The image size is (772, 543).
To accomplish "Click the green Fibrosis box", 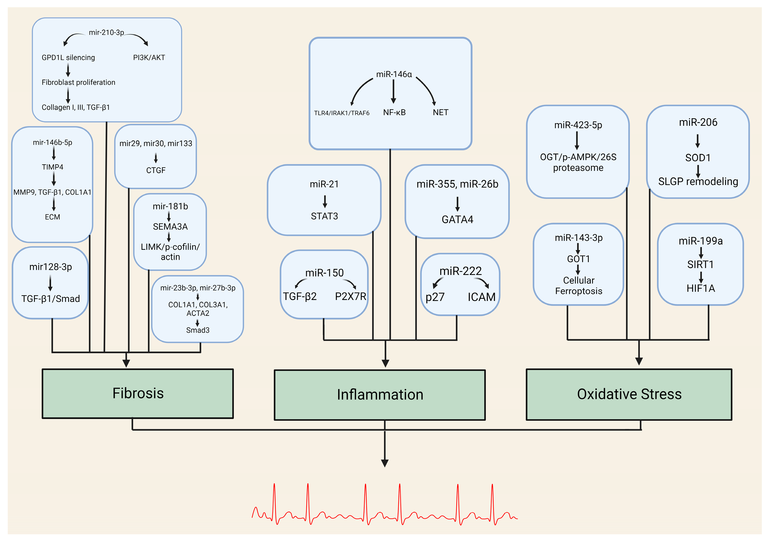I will [138, 394].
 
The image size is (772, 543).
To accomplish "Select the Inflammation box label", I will [380, 395].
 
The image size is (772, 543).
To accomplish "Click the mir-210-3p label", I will [106, 33].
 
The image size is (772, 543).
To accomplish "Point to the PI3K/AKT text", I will [149, 58].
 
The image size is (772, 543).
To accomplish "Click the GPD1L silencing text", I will [68, 58].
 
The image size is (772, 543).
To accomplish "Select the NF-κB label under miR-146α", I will [394, 112].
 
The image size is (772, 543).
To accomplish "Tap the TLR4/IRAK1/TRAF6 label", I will [342, 113].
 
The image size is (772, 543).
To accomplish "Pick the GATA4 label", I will [457, 219].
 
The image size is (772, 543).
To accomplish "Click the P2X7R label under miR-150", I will [350, 296].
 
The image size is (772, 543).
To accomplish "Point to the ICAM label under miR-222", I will [482, 297].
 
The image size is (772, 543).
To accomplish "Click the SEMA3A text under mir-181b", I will [170, 227].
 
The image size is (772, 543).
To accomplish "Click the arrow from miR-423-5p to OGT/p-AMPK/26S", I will [577, 140].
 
